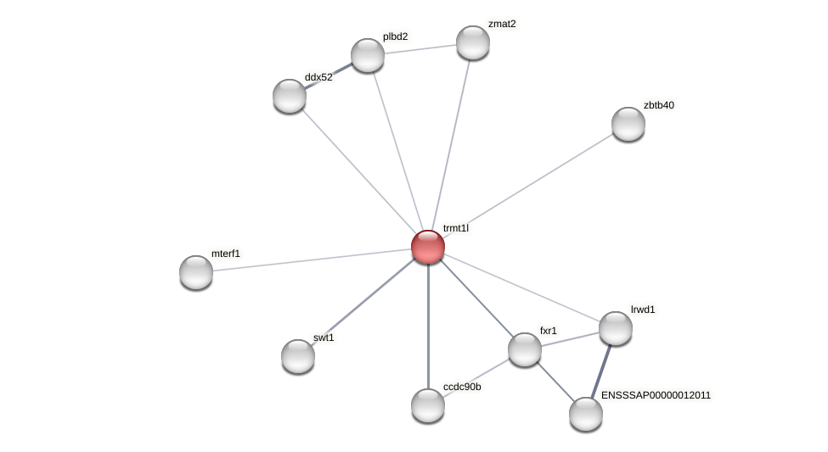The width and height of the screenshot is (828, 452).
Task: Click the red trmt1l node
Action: (428, 247)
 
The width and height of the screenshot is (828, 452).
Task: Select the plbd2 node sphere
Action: (368, 55)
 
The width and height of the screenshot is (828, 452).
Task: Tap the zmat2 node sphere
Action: (473, 42)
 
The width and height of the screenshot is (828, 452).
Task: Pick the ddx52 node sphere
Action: (290, 96)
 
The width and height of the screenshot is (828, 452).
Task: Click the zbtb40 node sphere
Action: (628, 124)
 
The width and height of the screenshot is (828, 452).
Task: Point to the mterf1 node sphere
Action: (196, 272)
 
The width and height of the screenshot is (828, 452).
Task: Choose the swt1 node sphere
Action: (298, 356)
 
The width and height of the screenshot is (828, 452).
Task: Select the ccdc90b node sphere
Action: (428, 405)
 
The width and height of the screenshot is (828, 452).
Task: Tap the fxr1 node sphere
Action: (525, 349)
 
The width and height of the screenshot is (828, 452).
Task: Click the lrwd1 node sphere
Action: (616, 328)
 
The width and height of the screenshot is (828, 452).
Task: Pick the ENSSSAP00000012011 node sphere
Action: (586, 414)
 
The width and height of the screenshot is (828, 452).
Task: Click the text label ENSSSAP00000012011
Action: (656, 395)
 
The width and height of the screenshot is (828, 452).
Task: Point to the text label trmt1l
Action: (455, 228)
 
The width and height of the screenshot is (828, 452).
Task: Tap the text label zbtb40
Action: (658, 105)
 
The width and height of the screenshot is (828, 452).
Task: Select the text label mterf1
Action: (226, 254)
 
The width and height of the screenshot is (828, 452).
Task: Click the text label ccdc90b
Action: (462, 388)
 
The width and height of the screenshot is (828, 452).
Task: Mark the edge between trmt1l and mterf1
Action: (312, 259)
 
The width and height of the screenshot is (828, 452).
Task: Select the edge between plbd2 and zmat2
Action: (420, 49)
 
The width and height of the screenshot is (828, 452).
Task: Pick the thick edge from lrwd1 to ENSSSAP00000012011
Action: (601, 371)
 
